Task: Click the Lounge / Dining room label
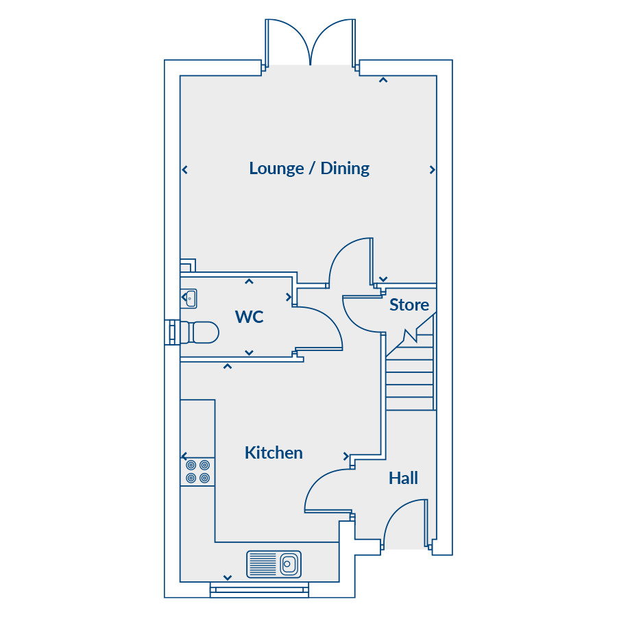309,169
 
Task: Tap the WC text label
249,317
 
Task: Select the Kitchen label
274,453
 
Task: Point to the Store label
409,305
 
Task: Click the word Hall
403,478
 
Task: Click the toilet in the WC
199,332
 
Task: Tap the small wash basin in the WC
189,299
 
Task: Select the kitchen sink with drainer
274,564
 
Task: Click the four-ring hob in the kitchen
197,472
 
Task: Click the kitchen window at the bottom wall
259,590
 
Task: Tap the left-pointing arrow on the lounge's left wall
185,170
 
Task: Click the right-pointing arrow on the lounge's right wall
432,170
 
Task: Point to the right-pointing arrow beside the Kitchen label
346,457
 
